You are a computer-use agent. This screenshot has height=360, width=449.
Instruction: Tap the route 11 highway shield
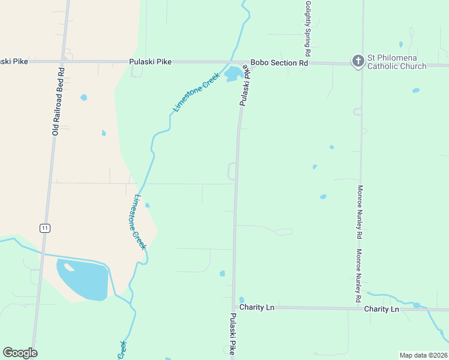[x=44, y=227]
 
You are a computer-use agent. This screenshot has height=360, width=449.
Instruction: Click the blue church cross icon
[x=358, y=61]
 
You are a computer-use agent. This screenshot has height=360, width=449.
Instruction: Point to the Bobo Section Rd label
[x=279, y=62]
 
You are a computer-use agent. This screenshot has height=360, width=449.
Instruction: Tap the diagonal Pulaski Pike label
[x=246, y=86]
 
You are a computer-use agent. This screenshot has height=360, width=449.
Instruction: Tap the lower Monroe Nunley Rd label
[x=358, y=275]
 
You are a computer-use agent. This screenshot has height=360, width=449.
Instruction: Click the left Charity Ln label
[x=257, y=307]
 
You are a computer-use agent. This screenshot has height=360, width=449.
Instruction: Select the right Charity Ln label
[x=382, y=309]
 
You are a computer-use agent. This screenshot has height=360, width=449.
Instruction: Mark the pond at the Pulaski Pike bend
[x=233, y=74]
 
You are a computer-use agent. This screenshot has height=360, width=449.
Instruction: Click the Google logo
[x=20, y=353]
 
